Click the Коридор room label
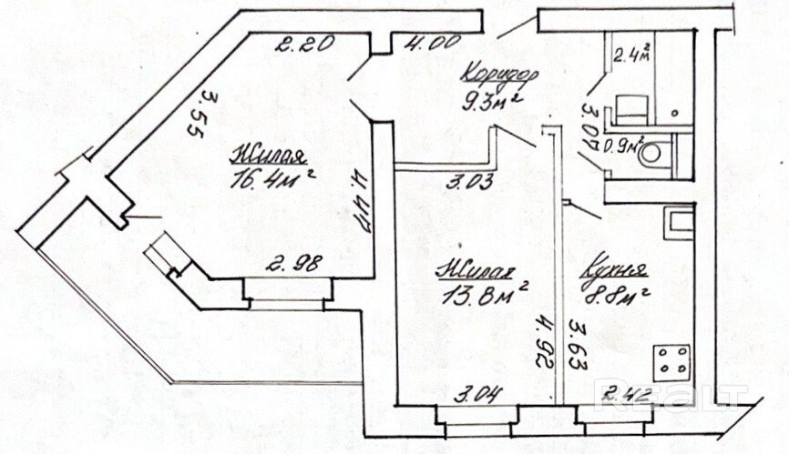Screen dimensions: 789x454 tap(500, 74)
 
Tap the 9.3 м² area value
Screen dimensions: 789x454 tap(492, 99)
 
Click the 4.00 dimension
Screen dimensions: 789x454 tap(427, 42)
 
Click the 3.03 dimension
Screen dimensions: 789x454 tap(469, 182)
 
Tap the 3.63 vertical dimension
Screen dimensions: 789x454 tap(576, 342)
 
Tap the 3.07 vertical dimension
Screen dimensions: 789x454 tap(589, 126)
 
